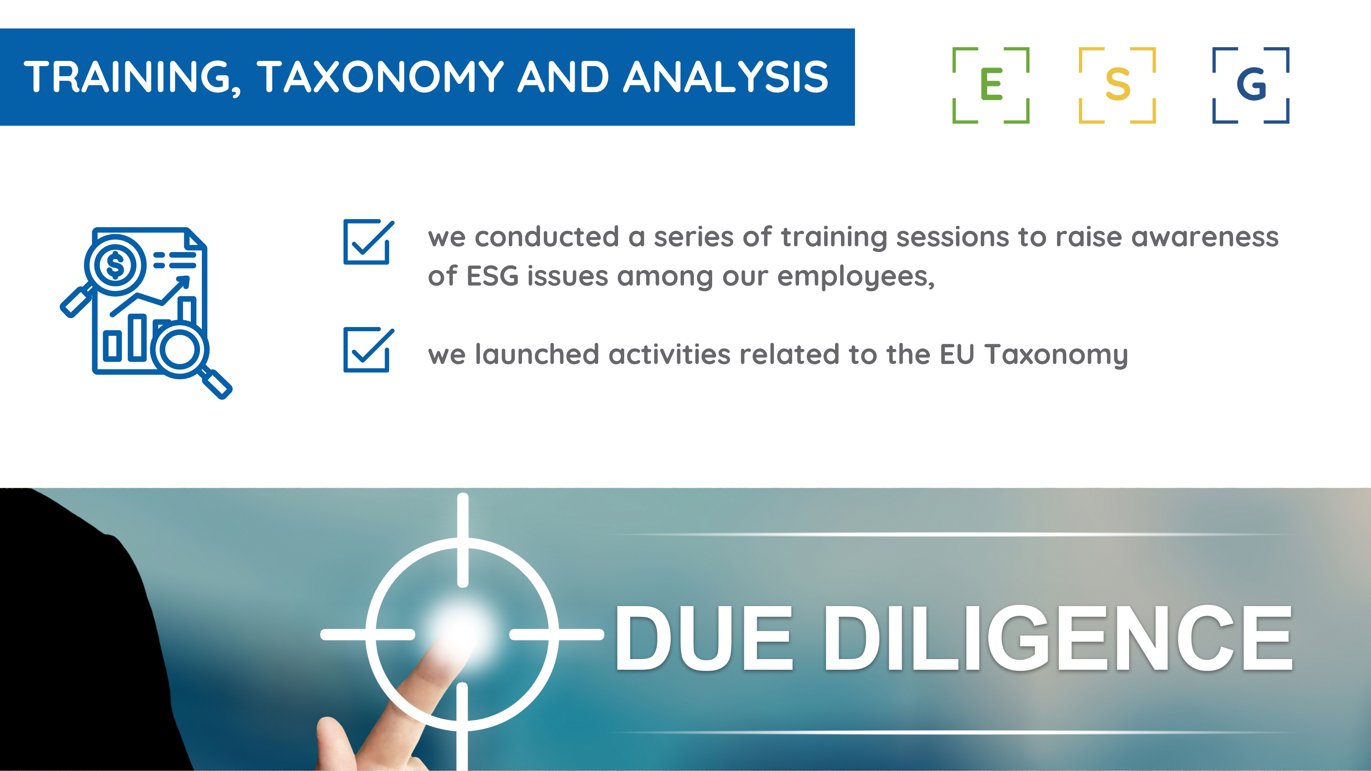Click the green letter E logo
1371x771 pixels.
(x=991, y=85)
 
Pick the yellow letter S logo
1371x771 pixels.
(x=1117, y=85)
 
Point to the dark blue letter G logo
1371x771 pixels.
(x=1251, y=85)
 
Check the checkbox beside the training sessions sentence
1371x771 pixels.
(x=367, y=242)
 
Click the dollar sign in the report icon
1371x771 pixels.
(x=115, y=265)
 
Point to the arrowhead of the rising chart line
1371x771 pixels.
(x=182, y=282)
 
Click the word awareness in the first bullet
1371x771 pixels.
(x=1205, y=237)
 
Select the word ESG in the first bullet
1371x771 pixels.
(x=492, y=276)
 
